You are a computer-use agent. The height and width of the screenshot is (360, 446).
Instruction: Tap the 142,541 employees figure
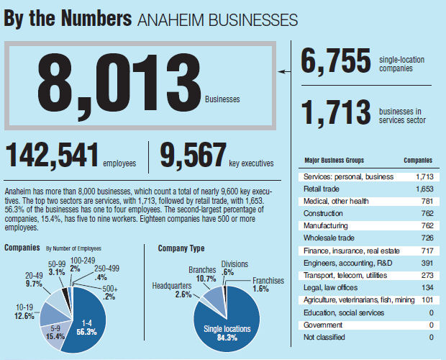[50, 155]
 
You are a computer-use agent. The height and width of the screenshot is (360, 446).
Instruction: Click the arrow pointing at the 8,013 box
[284, 72]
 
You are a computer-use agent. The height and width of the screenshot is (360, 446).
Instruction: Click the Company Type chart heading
[181, 248]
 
